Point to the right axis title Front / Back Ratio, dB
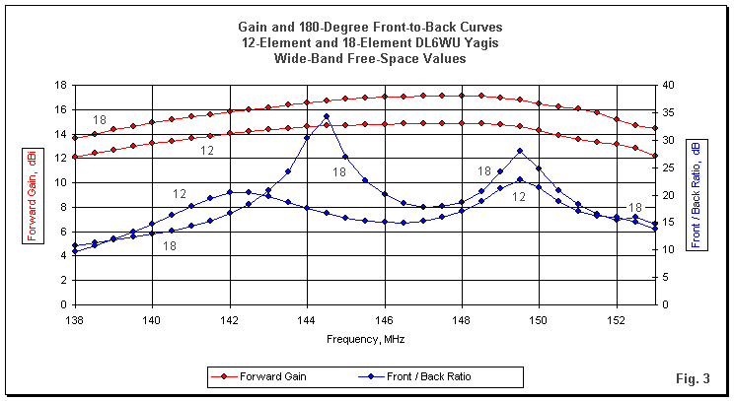[x=697, y=193]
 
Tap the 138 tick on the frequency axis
[x=74, y=321]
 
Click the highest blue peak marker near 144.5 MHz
[x=327, y=116]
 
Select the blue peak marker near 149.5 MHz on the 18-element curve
[x=520, y=151]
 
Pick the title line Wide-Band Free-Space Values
[x=367, y=58]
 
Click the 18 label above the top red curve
[x=100, y=119]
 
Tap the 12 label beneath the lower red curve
[x=208, y=150]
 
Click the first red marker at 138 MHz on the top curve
[x=74, y=137]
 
